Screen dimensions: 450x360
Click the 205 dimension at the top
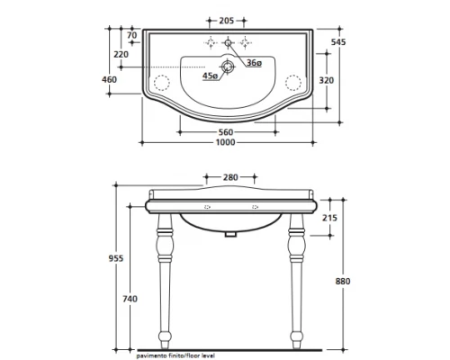227,21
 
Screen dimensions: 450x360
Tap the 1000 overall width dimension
226,142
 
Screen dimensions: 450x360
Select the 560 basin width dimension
226,132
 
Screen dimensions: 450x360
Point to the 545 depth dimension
338,42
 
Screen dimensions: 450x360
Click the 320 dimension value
326,80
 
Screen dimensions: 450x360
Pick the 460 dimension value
109,79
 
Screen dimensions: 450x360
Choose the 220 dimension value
121,54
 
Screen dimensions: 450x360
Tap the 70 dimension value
132,35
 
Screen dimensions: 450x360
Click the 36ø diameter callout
254,63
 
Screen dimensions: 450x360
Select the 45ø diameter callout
210,76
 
